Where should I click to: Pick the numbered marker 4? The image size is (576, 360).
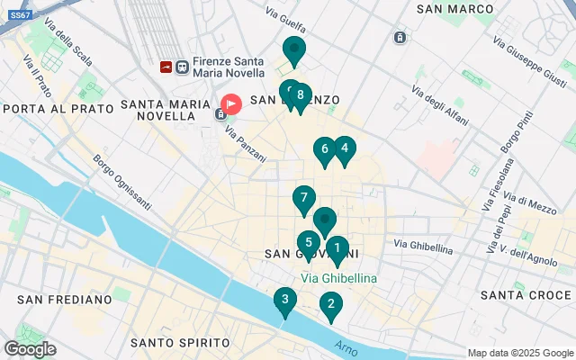[x=344, y=149]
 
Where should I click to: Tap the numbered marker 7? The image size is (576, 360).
[x=304, y=198]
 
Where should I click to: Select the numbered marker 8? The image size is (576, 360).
[x=300, y=95]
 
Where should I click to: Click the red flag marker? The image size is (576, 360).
[x=231, y=104]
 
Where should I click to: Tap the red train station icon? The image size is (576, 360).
[x=166, y=66]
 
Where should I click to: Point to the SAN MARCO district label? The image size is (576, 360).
[x=455, y=8]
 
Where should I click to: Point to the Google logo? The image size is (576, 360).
[x=30, y=349]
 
